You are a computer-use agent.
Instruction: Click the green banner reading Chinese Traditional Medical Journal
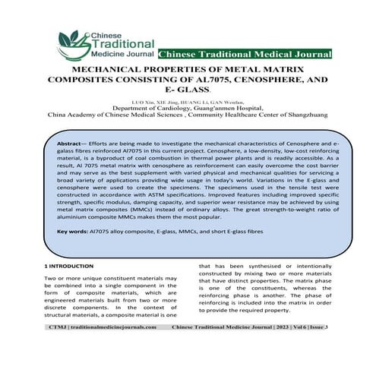point(245,54)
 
